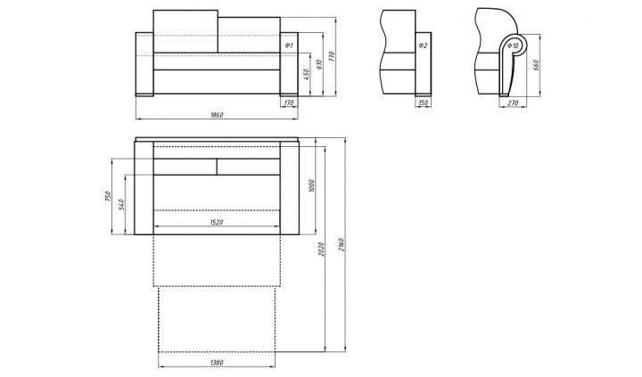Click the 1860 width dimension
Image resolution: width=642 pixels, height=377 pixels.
tap(217, 115)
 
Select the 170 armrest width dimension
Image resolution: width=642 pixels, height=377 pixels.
tap(289, 102)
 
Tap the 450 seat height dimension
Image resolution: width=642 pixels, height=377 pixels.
tap(307, 75)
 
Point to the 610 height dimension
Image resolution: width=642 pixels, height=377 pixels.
tap(319, 65)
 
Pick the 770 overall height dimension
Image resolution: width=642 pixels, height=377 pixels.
tap(332, 55)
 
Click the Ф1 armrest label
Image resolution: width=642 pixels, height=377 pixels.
tap(289, 45)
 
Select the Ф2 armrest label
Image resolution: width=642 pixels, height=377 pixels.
tap(423, 45)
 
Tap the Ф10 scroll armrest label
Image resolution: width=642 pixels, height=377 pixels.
tap(514, 45)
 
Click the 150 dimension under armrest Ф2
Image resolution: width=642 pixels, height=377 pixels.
tap(424, 102)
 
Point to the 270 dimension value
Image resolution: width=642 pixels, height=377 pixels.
tap(513, 102)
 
